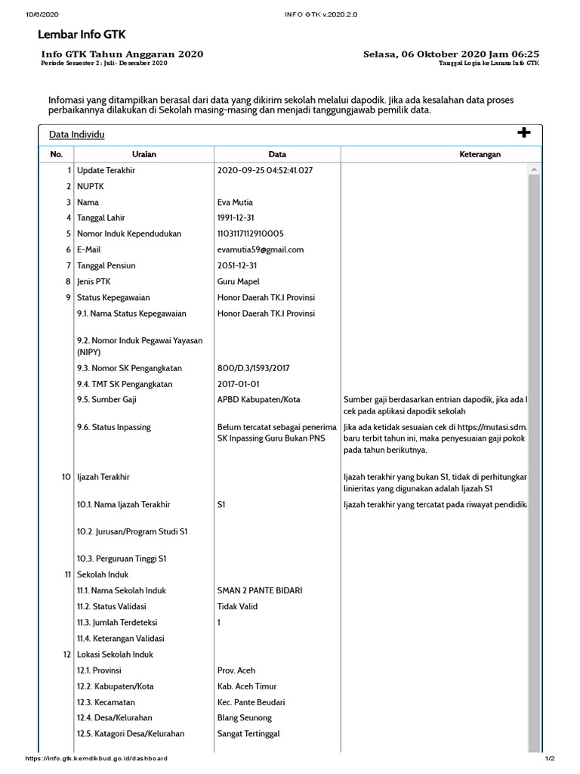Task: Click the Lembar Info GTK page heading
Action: point(82,34)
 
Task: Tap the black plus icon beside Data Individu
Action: point(523,133)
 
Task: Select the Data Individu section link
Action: point(76,135)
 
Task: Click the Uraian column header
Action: point(143,154)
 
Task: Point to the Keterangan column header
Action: point(480,154)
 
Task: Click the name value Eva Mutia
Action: point(235,202)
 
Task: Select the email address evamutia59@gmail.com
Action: point(260,249)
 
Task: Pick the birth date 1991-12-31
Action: point(237,218)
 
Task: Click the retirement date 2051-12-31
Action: point(237,265)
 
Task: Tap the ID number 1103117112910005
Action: point(251,234)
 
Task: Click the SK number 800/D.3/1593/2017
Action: point(254,368)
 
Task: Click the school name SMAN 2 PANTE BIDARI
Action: point(260,590)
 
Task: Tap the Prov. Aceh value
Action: point(236,670)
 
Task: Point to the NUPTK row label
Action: point(90,186)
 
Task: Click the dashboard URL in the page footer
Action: point(97,758)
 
